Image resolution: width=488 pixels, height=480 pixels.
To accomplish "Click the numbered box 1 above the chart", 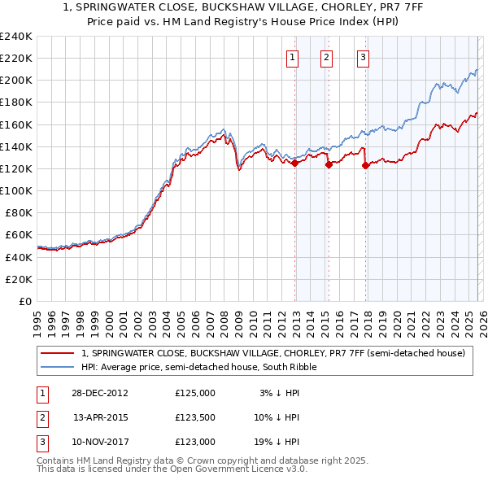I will tap(292, 57).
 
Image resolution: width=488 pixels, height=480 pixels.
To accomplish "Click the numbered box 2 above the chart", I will tap(325, 57).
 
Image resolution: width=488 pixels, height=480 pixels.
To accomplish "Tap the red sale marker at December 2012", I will tap(294, 163).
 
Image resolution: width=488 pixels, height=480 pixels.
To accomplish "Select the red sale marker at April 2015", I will tap(329, 164).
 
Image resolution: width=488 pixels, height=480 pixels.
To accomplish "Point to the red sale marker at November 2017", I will tap(365, 165).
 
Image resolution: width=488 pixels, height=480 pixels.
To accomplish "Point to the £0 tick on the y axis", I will tap(26, 301).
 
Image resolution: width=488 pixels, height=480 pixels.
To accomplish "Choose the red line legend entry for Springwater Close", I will tap(272, 353).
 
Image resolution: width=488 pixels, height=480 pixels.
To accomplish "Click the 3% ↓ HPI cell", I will tap(279, 393).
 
